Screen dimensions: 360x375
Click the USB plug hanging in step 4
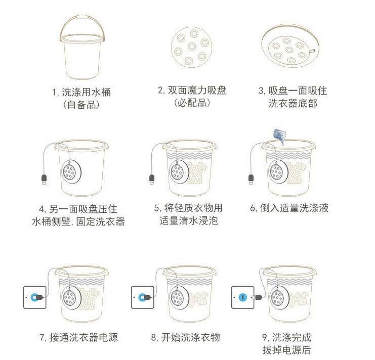[x=45, y=180]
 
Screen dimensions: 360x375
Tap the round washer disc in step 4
[x=69, y=172]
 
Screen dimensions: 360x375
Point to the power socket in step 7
[x=34, y=297]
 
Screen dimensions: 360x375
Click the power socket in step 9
[x=241, y=297]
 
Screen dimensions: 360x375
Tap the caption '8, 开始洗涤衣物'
[x=185, y=337]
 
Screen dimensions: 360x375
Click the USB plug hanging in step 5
[x=151, y=180]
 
